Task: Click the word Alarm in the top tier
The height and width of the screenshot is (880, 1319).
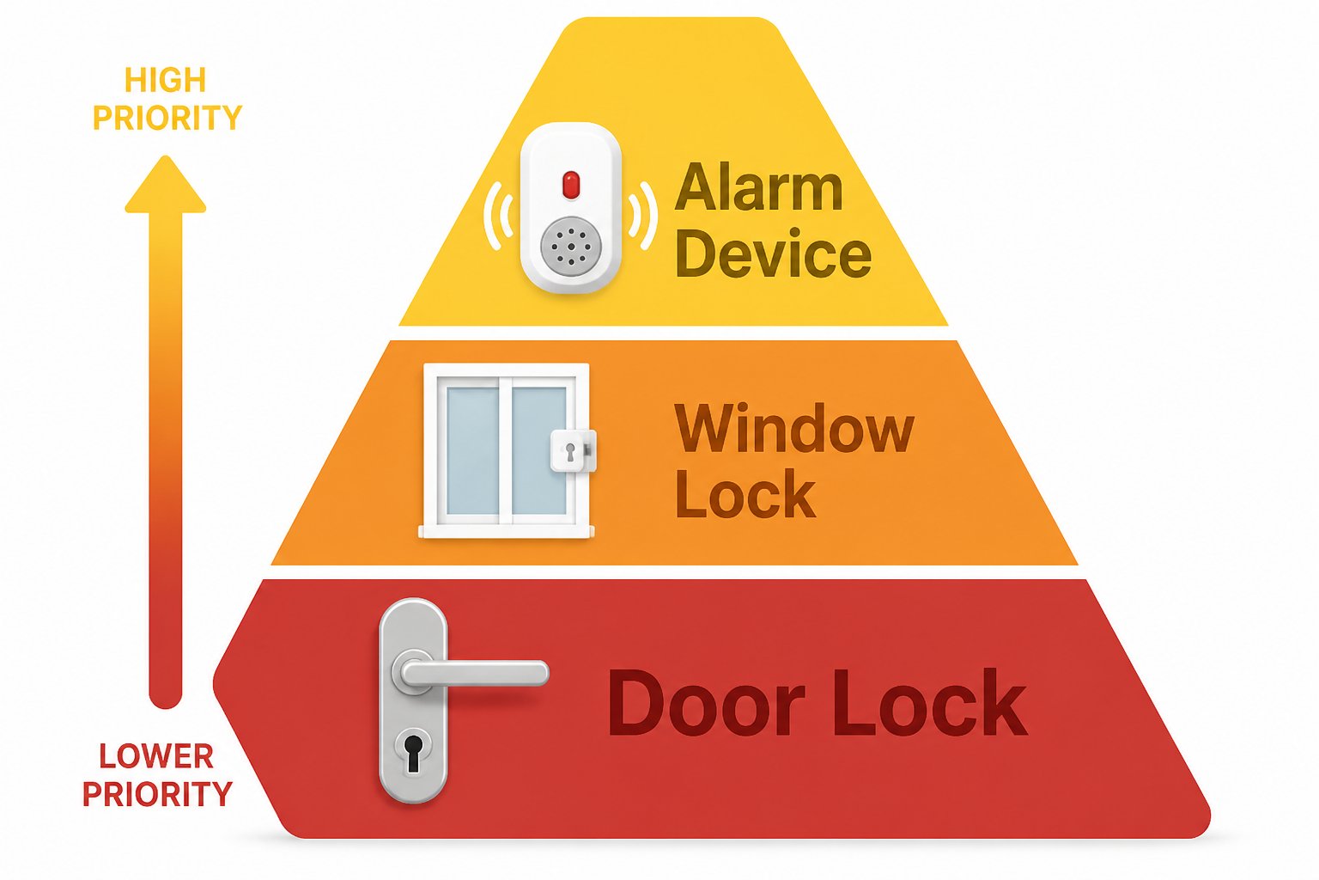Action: tap(759, 186)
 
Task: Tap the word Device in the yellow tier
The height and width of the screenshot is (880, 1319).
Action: tap(773, 253)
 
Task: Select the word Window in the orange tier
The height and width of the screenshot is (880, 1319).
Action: tap(794, 429)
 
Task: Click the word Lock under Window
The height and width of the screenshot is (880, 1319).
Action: tap(745, 493)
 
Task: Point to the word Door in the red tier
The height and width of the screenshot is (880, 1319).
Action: tap(706, 702)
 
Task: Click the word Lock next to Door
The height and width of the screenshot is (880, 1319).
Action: tap(930, 702)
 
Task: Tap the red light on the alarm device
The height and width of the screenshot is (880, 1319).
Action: tap(570, 185)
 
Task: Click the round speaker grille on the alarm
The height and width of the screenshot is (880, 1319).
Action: tap(570, 247)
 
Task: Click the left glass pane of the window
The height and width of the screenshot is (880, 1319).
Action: tap(472, 450)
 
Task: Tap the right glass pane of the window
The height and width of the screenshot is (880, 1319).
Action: tap(538, 450)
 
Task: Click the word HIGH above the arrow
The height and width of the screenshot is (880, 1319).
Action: tap(166, 80)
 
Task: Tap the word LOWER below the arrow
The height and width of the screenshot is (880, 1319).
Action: tap(156, 756)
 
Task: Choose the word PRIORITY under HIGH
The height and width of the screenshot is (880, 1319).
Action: tap(167, 117)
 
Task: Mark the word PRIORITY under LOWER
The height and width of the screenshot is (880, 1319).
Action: tap(157, 794)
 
